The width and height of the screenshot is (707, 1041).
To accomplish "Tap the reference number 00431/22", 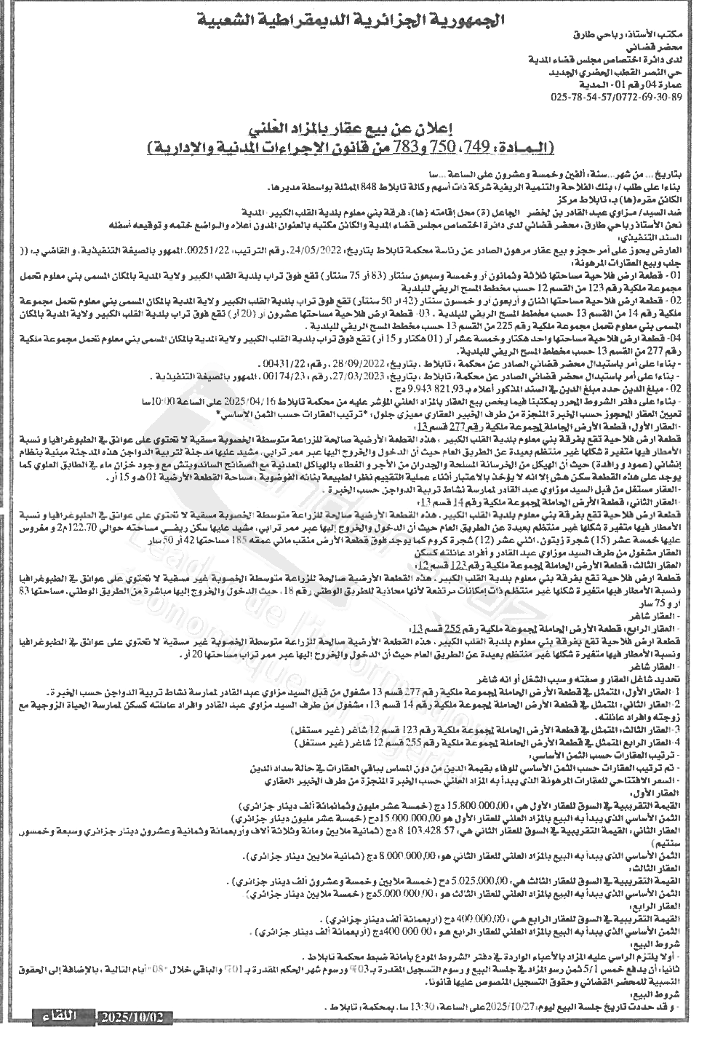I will coord(287,362).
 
